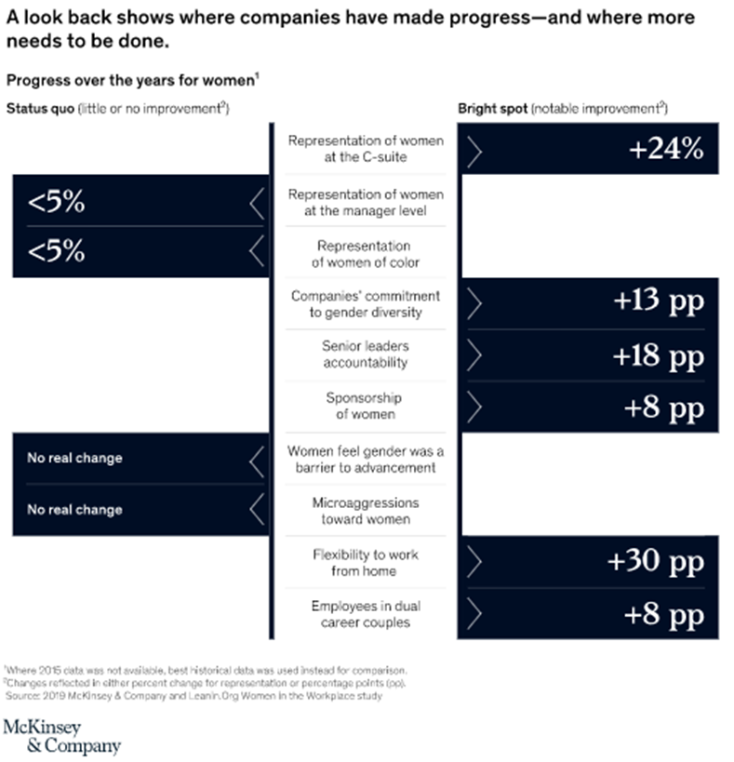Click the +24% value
pyautogui.click(x=666, y=149)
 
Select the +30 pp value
pyautogui.click(x=655, y=562)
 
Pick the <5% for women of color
pyautogui.click(x=56, y=251)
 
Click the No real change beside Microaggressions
pyautogui.click(x=73, y=510)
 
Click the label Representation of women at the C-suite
pyautogui.click(x=365, y=149)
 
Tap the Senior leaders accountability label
pyautogui.click(x=365, y=354)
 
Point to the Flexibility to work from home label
pyautogui.click(x=365, y=562)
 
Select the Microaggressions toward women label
pyautogui.click(x=365, y=510)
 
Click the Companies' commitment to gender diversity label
pyautogui.click(x=365, y=303)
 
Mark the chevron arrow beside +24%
pyautogui.click(x=474, y=150)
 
